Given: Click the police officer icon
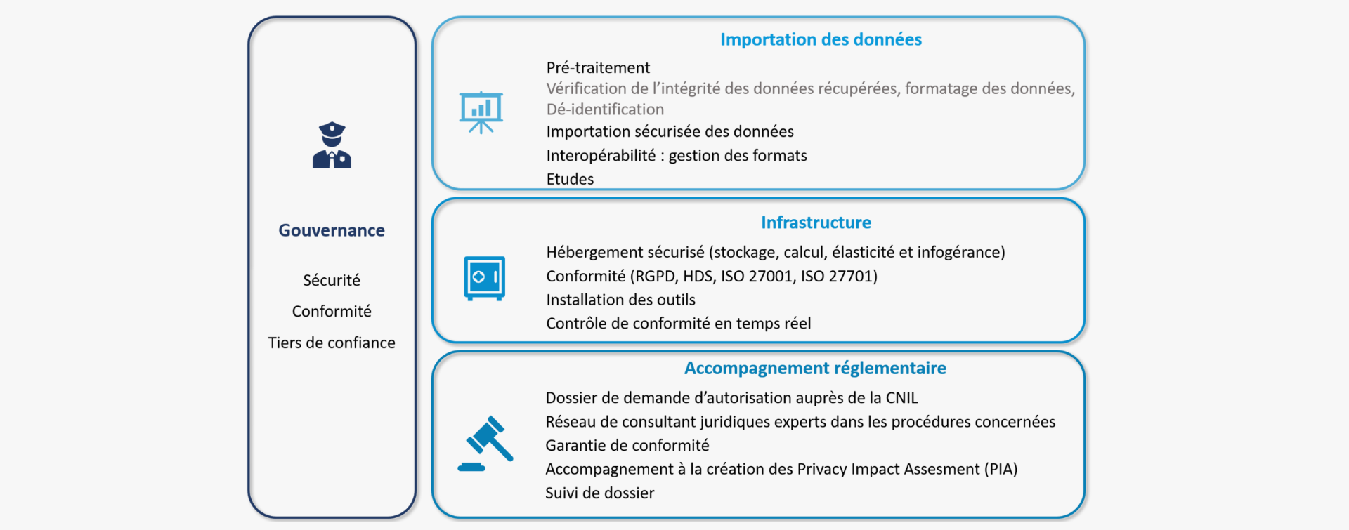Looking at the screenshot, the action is pyautogui.click(x=332, y=145).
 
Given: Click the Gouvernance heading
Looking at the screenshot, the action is pyautogui.click(x=332, y=230).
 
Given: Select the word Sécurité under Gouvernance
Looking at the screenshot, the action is pyautogui.click(x=332, y=280).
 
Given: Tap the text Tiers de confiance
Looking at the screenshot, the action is pyautogui.click(x=332, y=343).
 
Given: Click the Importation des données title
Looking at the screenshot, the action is pyautogui.click(x=821, y=39).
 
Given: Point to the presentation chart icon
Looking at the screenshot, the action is pyautogui.click(x=481, y=112).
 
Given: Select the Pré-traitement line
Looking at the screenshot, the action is pyautogui.click(x=598, y=67).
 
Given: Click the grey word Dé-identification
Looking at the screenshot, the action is pyautogui.click(x=605, y=110).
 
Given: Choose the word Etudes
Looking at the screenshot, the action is pyautogui.click(x=570, y=179).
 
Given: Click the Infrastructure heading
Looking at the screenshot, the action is pyautogui.click(x=816, y=223).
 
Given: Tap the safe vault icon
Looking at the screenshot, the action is pyautogui.click(x=484, y=278).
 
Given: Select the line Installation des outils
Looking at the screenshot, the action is pyautogui.click(x=620, y=300).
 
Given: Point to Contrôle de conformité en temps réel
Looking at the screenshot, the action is pyautogui.click(x=678, y=323).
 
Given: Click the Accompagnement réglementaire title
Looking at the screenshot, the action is pyautogui.click(x=815, y=368).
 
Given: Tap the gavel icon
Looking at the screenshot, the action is pyautogui.click(x=485, y=444).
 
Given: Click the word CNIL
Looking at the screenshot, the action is pyautogui.click(x=901, y=398).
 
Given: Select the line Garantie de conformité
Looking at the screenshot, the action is pyautogui.click(x=627, y=445).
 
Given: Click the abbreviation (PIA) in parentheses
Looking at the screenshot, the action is pyautogui.click(x=1001, y=469).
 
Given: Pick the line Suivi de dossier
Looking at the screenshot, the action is pyautogui.click(x=599, y=493).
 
